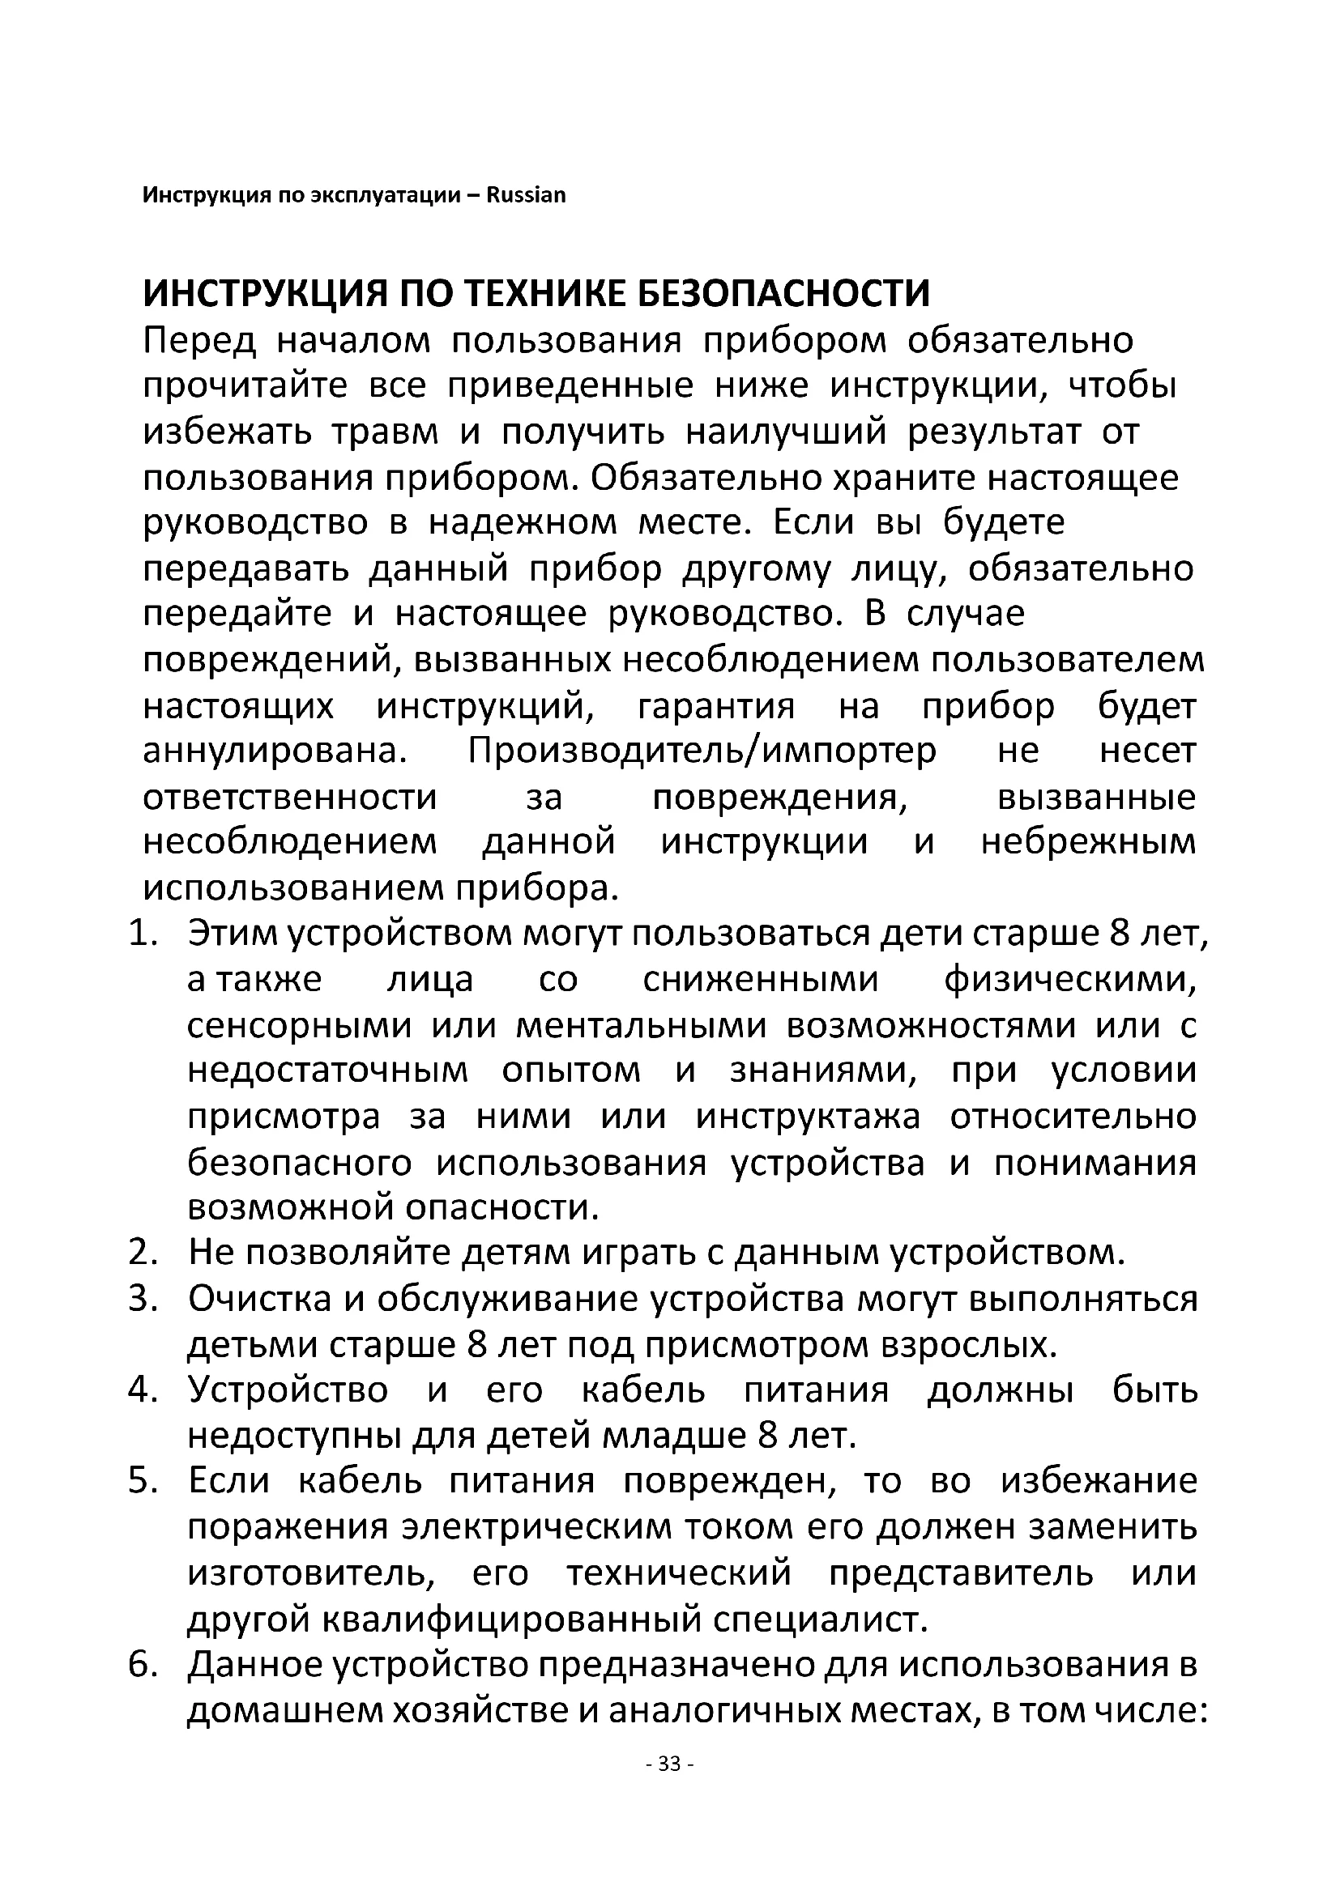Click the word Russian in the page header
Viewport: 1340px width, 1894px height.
526,195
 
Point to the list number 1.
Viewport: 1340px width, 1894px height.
142,934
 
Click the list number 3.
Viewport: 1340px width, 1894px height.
142,1299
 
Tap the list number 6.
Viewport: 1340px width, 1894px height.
142,1665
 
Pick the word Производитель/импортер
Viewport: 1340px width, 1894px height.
702,751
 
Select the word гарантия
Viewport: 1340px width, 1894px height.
716,706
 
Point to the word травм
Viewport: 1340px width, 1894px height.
385,432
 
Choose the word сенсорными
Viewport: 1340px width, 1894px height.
299,1025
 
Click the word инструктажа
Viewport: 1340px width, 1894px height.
808,1117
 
